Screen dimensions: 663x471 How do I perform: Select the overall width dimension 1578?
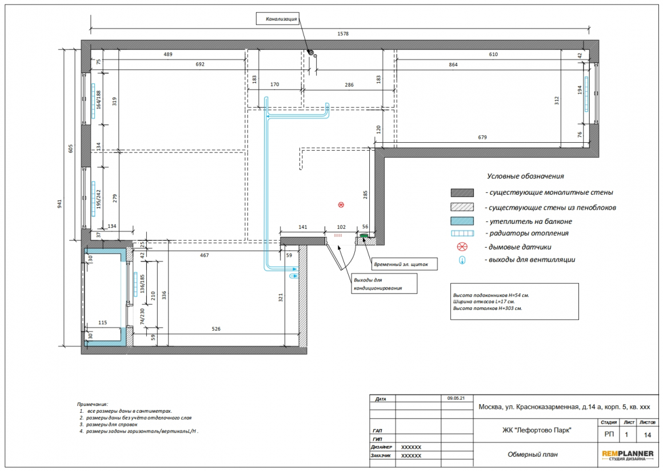(x=343, y=33)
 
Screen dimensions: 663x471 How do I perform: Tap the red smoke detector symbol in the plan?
(x=341, y=205)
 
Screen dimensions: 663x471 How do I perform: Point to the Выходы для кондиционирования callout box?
(x=385, y=283)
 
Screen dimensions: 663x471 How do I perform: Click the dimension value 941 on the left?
(x=59, y=204)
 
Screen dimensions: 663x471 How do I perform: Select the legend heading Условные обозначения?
(x=525, y=176)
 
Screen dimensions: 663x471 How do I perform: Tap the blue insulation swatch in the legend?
(x=462, y=221)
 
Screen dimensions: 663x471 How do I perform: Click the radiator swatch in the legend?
(x=462, y=233)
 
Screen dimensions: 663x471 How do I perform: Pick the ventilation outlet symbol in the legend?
(x=462, y=260)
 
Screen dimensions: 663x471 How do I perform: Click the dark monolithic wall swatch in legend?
(x=462, y=192)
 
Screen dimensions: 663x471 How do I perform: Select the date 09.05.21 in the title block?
(x=456, y=398)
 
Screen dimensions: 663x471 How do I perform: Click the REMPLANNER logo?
(x=628, y=456)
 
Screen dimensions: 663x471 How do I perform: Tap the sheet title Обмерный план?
(x=532, y=454)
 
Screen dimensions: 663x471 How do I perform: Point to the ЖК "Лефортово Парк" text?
(x=537, y=430)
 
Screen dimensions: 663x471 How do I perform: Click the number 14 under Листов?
(x=648, y=434)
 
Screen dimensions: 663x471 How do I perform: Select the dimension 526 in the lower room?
(x=216, y=329)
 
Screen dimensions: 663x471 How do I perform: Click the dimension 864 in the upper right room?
(x=453, y=65)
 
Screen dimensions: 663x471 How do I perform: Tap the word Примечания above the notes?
(x=92, y=404)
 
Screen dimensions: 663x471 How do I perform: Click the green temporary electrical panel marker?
(x=364, y=236)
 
